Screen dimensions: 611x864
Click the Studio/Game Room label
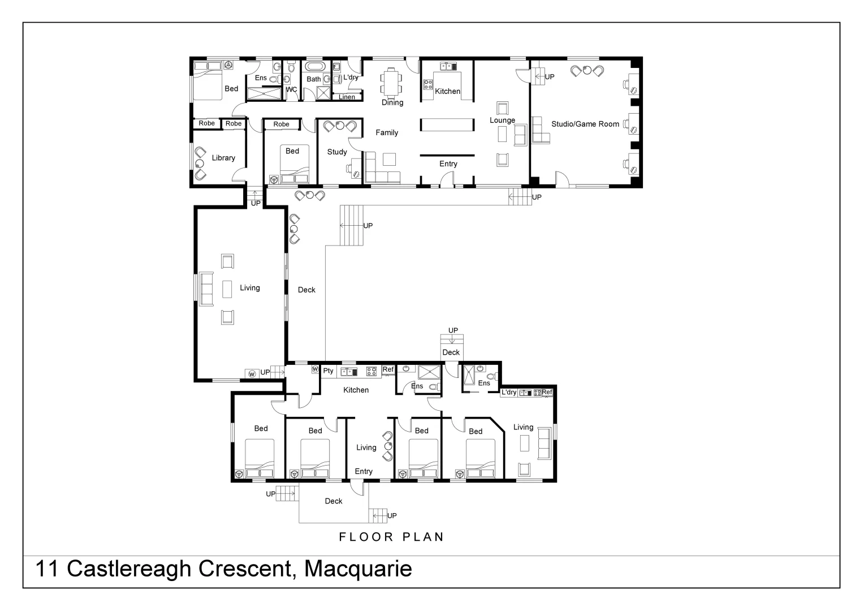pos(585,124)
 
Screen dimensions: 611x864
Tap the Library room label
pos(223,158)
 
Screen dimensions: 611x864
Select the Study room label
pos(337,152)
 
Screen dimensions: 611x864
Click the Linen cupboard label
pos(347,97)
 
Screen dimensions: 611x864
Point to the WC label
pos(291,89)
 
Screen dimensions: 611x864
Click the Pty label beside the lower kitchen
pos(329,371)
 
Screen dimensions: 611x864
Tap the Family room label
pos(387,132)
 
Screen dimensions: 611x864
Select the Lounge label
pos(502,120)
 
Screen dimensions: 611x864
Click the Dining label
pos(392,102)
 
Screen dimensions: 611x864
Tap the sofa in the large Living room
pos(205,289)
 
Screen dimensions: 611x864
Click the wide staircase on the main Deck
pos(351,225)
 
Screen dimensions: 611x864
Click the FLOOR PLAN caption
pos(391,537)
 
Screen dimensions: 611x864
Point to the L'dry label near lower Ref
pos(508,392)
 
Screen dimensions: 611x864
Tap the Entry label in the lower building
pos(364,471)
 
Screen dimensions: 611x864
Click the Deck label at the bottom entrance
pos(334,501)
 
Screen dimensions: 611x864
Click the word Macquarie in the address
pos(358,569)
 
